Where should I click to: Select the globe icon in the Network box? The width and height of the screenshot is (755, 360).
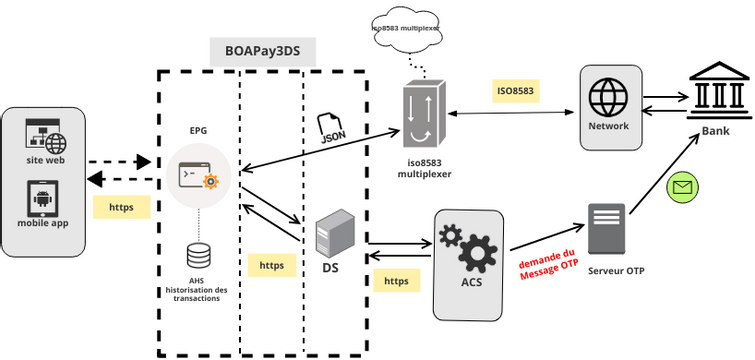[608, 98]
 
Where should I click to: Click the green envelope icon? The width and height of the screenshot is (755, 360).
[682, 186]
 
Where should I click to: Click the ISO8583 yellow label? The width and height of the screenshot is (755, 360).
[516, 91]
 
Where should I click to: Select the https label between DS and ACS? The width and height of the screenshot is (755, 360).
[396, 281]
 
